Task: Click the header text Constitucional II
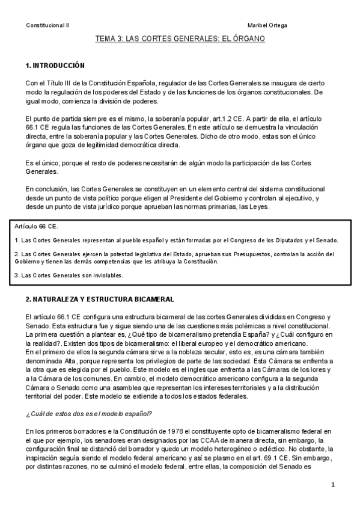[47, 25]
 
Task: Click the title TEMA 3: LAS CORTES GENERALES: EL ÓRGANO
[180, 38]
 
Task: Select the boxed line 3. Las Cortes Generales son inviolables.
[68, 275]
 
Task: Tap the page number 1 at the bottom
[332, 485]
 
